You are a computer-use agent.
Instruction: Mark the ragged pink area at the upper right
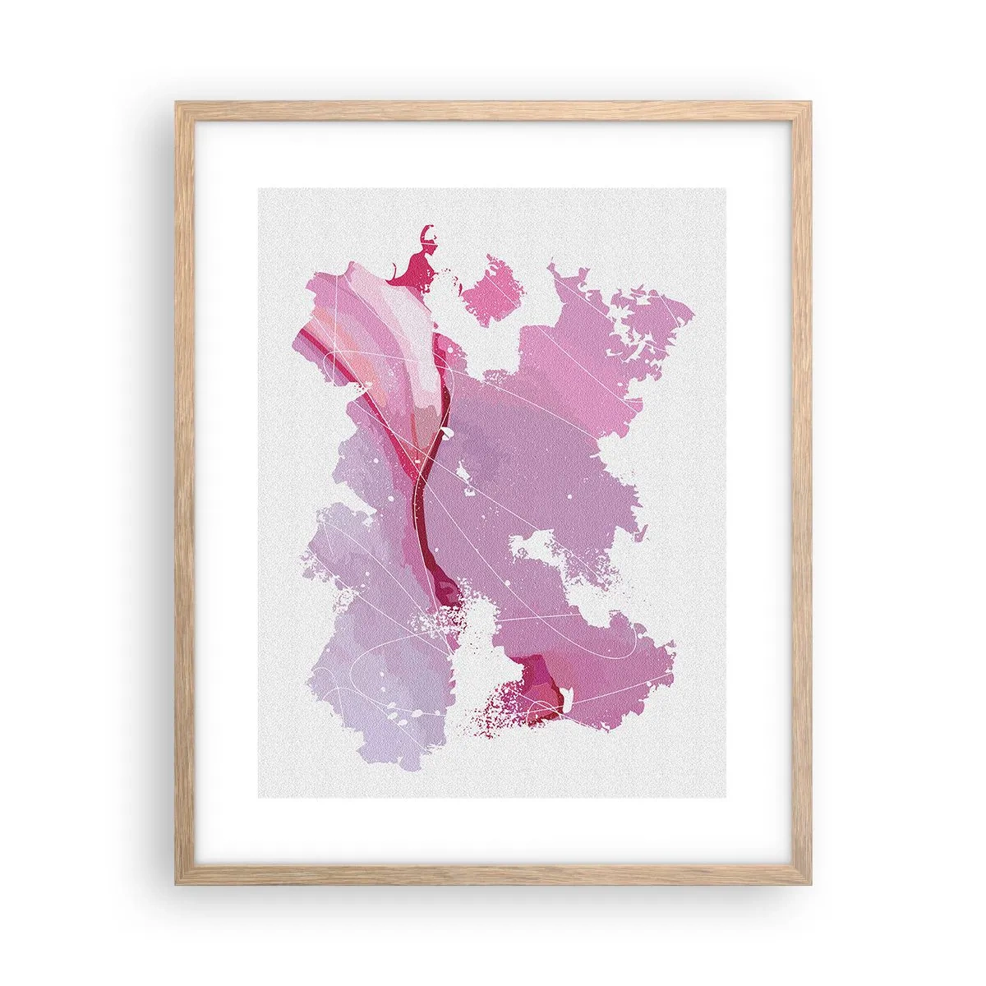coord(608,329)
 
